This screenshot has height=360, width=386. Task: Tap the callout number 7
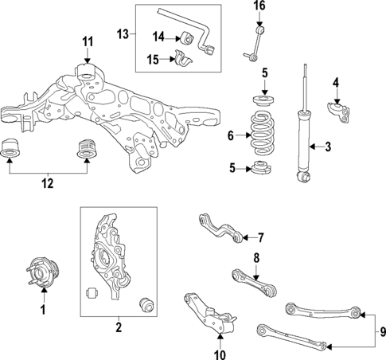(x=259, y=237)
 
